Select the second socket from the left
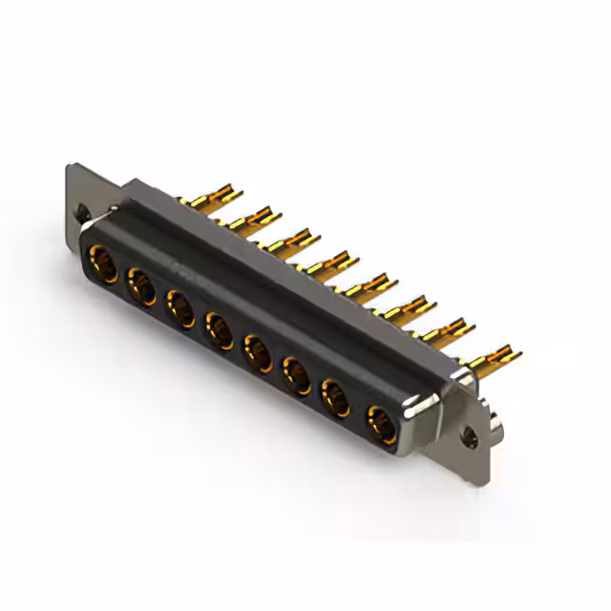[x=141, y=286]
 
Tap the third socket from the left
[x=180, y=308]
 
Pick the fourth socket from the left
[x=220, y=330]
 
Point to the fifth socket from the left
[x=258, y=352]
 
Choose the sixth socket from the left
[x=296, y=374]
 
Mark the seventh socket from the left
[x=337, y=396]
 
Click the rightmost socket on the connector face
[x=382, y=422]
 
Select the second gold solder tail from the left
[x=251, y=220]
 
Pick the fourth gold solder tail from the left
[x=330, y=263]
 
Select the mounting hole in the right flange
[x=469, y=440]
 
